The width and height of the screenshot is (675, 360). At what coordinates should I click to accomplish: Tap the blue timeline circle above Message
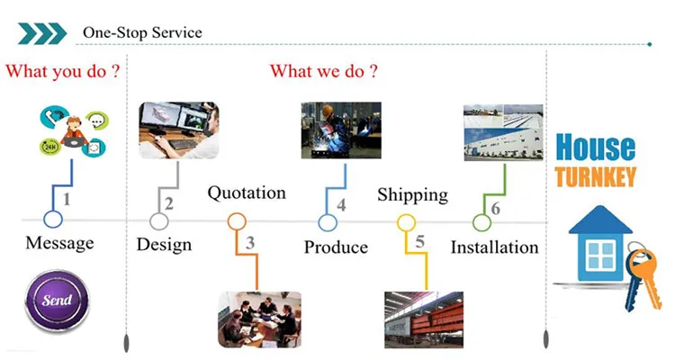click(x=53, y=220)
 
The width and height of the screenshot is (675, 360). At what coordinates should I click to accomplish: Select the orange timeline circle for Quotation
click(x=237, y=220)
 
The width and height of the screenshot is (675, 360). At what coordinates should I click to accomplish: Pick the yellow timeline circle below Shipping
click(x=406, y=221)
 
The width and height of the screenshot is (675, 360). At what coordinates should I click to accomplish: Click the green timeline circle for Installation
click(x=482, y=221)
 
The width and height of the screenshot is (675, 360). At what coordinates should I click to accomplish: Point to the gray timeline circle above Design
click(x=159, y=220)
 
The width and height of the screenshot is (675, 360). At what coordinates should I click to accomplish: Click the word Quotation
click(x=247, y=193)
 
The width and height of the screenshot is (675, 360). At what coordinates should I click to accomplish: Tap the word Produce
click(x=336, y=247)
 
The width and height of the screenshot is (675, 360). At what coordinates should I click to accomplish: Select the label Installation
click(x=494, y=247)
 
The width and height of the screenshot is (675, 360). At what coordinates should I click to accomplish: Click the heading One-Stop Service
click(x=142, y=33)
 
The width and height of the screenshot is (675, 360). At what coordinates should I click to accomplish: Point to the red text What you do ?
click(x=63, y=71)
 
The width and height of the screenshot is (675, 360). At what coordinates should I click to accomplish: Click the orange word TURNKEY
click(x=595, y=176)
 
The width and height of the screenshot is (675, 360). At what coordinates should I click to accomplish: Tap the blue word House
click(x=595, y=148)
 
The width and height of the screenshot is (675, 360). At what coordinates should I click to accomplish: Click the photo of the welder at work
click(x=340, y=130)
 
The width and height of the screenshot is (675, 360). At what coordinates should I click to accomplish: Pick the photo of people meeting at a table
click(x=258, y=319)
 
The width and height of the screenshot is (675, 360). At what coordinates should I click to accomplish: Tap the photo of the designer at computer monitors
click(x=178, y=130)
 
